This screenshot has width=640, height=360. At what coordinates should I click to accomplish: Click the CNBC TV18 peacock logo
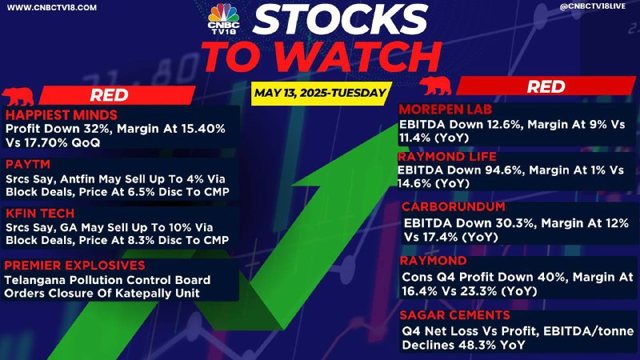click(x=223, y=18)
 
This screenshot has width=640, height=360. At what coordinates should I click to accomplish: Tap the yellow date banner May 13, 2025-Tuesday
click(x=321, y=94)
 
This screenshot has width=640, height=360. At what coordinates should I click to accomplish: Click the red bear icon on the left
click(x=18, y=97)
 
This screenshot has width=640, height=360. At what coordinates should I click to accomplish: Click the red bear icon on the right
click(x=435, y=86)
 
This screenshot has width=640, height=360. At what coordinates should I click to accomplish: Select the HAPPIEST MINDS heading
click(x=62, y=114)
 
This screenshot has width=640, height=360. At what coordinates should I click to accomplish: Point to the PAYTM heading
click(x=28, y=164)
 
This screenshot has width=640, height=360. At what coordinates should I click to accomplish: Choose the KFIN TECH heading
click(x=40, y=213)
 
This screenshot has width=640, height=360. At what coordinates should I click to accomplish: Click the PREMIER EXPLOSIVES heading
click(x=74, y=266)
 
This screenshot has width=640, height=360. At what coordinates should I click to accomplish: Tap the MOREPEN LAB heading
click(x=446, y=110)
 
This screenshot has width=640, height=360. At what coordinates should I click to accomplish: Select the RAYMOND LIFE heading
click(x=447, y=157)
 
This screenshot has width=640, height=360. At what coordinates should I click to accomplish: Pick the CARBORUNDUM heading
click(x=454, y=206)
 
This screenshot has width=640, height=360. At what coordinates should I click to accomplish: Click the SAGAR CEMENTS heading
click(x=455, y=315)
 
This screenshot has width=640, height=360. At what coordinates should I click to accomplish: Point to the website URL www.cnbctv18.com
click(x=52, y=7)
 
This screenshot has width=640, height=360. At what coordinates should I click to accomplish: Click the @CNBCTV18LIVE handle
click(x=593, y=6)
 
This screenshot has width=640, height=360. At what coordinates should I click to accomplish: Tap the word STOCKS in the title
click(x=340, y=19)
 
